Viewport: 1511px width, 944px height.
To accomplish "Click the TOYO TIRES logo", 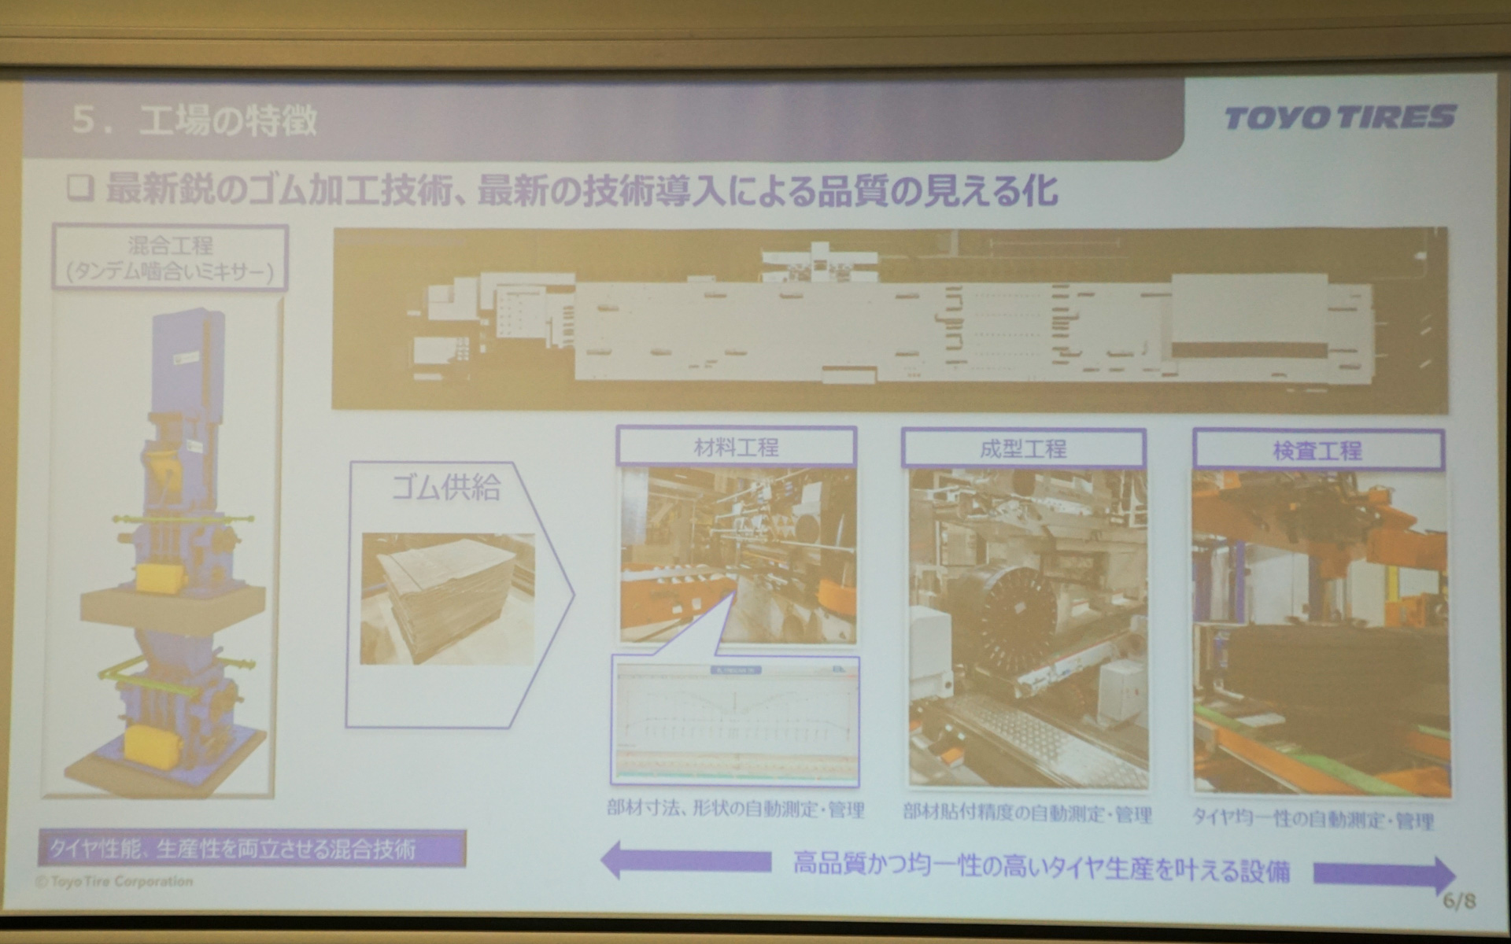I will [x=1339, y=118].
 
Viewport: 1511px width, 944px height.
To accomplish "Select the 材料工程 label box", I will [x=736, y=448].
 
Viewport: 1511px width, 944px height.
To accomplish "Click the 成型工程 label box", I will [x=1022, y=449].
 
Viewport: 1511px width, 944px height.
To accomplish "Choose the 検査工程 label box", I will [x=1317, y=451].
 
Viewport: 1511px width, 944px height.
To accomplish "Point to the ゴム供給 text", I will [x=446, y=488].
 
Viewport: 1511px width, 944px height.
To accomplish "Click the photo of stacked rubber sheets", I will [x=447, y=599].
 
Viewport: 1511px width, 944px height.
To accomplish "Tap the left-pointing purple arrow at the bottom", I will [x=685, y=861].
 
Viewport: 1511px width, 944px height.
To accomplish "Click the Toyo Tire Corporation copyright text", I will [x=115, y=881].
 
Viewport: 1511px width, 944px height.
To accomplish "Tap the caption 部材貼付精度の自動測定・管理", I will [x=1027, y=813].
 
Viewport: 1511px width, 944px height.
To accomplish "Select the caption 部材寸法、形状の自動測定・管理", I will [x=736, y=809].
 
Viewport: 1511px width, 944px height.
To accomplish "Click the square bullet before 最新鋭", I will [x=80, y=189].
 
